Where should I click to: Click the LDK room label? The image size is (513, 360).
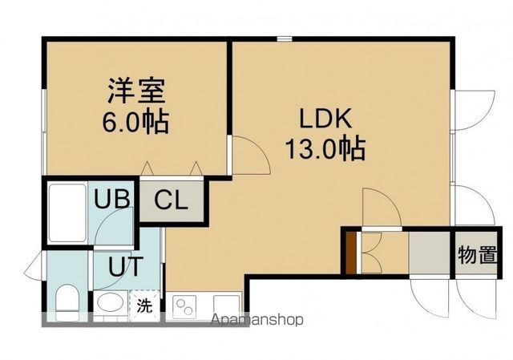coord(325,119)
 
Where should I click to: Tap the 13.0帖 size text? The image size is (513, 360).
coord(325,148)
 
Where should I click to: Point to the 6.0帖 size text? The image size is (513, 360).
coord(134,123)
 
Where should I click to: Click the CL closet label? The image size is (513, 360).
coord(172,200)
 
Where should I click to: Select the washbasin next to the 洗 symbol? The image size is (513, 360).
coord(109,305)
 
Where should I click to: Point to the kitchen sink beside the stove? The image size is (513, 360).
coord(227,305)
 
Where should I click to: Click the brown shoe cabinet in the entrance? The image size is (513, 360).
coord(350,251)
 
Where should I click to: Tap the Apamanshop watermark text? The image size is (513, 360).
coord(256,320)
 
